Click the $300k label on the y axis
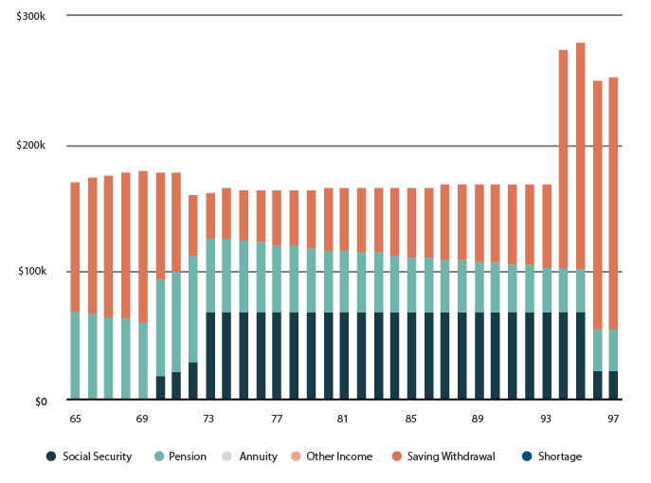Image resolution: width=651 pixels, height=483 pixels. tap(31, 17)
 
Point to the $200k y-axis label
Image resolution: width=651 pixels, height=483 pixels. tap(31, 145)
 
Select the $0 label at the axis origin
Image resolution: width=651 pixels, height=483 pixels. tap(39, 402)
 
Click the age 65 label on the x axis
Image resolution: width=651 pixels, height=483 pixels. tap(75, 418)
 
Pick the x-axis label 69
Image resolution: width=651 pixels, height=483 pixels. tap(142, 418)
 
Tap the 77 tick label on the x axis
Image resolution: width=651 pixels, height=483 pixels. tap(277, 418)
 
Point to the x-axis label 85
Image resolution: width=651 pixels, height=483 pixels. tap(411, 418)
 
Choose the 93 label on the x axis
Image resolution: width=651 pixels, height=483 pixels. tap(546, 418)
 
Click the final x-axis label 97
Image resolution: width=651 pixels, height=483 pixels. tap(613, 418)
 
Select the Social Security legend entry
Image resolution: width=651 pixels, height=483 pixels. tap(89, 456)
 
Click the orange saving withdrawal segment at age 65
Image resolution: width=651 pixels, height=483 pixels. tap(75, 246)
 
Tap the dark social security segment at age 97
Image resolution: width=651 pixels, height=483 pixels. tap(613, 385)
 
